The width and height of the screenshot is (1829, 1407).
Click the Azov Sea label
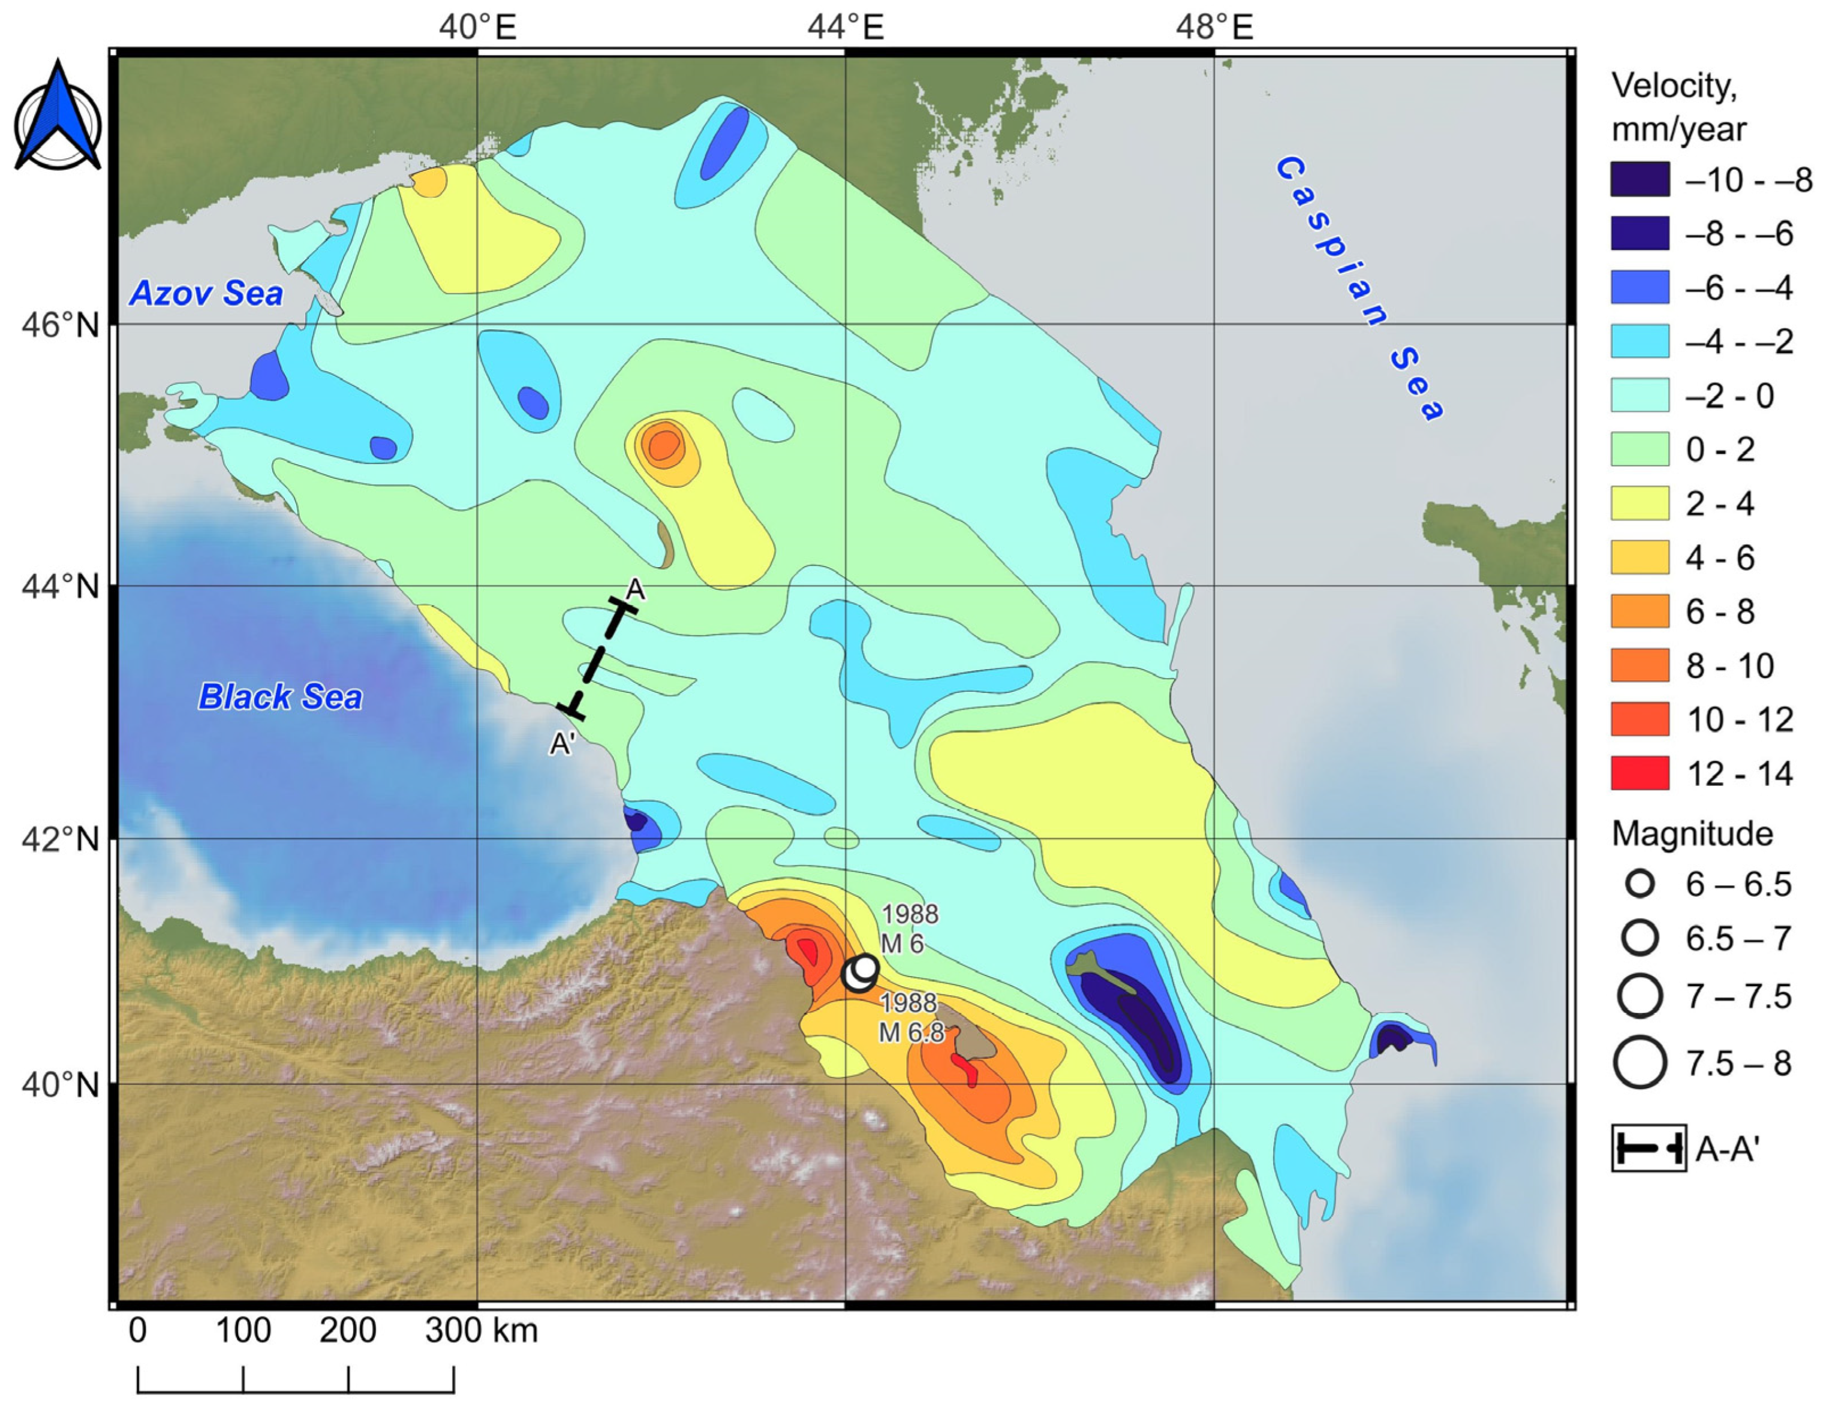(x=206, y=293)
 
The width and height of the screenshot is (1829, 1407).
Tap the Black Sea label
(x=279, y=697)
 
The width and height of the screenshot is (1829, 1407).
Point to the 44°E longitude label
(x=845, y=28)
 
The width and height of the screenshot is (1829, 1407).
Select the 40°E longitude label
(x=477, y=28)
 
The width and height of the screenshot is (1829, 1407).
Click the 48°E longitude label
(x=1214, y=28)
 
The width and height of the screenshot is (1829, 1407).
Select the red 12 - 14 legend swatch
(x=1640, y=773)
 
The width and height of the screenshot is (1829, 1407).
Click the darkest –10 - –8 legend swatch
(x=1640, y=179)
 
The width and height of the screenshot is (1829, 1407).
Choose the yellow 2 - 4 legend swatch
(x=1640, y=503)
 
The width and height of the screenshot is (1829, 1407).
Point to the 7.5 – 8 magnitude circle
(x=1640, y=1062)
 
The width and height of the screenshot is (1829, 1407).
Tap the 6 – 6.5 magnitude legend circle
(x=1640, y=884)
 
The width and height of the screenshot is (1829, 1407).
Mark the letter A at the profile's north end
(x=636, y=589)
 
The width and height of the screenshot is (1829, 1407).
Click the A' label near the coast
(x=562, y=742)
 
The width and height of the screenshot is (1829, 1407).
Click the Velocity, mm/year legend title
(x=1678, y=107)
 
